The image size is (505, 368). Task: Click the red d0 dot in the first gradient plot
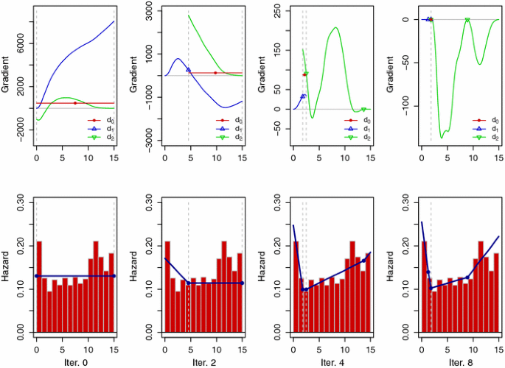click(x=74, y=103)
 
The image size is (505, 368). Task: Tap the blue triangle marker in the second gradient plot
click(x=188, y=70)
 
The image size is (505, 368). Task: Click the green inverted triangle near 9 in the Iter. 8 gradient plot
click(x=467, y=20)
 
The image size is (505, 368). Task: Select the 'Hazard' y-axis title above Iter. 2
click(x=134, y=265)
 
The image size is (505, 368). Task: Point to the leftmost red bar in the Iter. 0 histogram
click(x=39, y=287)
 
